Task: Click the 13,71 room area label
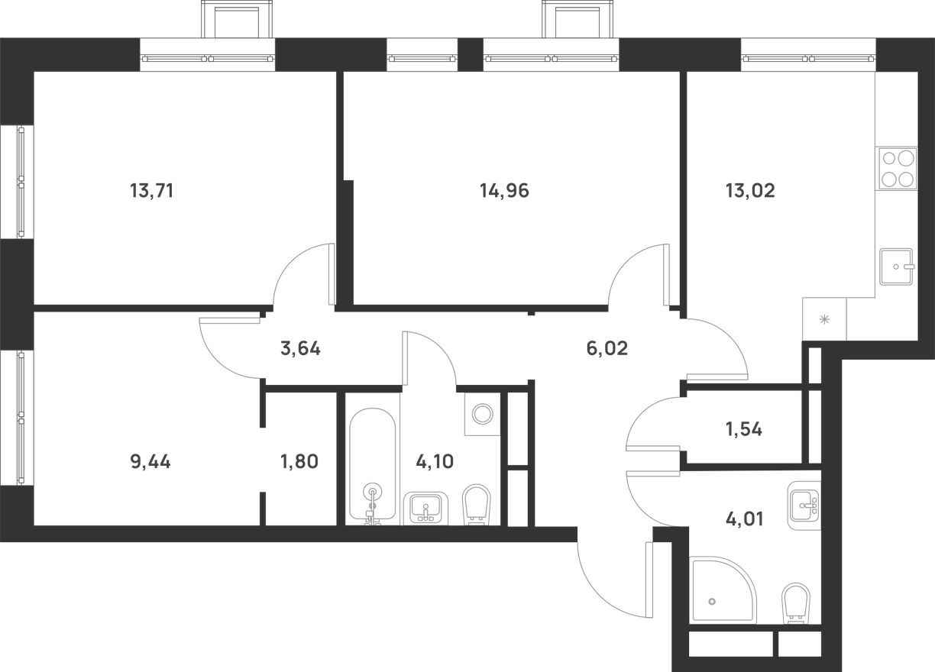(152, 191)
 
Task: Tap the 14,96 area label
(504, 191)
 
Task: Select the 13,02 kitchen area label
(749, 191)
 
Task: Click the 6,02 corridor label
(606, 349)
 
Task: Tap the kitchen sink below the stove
(898, 267)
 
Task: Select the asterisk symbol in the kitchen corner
(824, 320)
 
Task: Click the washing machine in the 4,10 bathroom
(482, 414)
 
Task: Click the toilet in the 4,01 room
(797, 604)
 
